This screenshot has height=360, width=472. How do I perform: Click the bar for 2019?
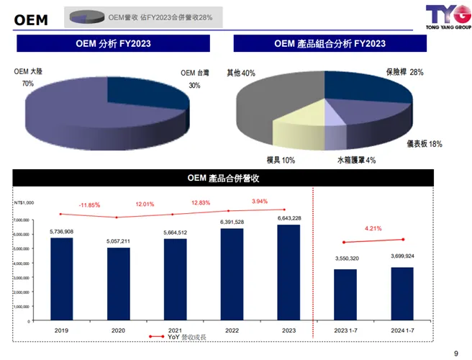coord(61,279)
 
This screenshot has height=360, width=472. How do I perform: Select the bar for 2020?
coord(118,284)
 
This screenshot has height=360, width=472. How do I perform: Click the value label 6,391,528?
coord(232,222)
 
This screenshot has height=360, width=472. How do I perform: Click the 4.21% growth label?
coord(373,229)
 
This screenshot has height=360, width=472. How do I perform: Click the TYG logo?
coord(447,15)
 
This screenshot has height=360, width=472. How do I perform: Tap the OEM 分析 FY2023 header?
coord(113,44)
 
